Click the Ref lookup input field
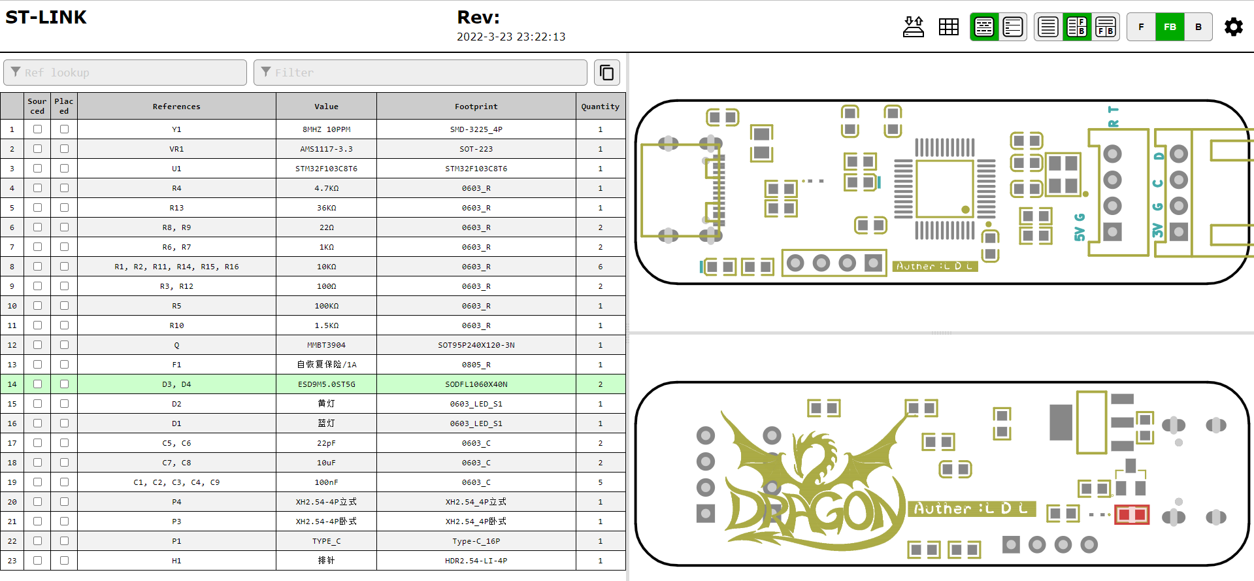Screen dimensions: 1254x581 click(125, 73)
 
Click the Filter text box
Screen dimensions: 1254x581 click(420, 73)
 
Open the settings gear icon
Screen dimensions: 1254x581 click(1233, 27)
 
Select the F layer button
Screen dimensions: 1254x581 click(1141, 27)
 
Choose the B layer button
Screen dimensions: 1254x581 click(1198, 27)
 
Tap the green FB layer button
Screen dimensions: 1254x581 click(1170, 27)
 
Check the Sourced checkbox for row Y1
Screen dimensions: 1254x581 click(37, 129)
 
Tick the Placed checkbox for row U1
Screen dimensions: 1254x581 click(64, 169)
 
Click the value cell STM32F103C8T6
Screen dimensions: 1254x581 click(326, 169)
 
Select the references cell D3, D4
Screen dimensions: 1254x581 click(176, 384)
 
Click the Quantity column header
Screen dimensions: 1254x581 click(600, 107)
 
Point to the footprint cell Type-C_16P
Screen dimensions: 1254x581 click(476, 541)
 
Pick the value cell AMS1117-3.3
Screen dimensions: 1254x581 click(326, 149)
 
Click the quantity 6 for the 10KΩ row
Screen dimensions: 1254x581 click(600, 267)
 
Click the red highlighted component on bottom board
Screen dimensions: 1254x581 click(1132, 515)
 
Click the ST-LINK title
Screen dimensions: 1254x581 click(46, 17)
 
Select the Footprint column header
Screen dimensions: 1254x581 click(476, 107)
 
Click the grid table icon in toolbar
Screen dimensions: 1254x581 click(948, 27)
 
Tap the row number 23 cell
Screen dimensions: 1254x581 click(12, 561)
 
